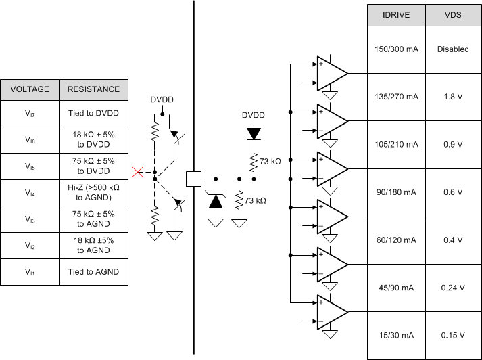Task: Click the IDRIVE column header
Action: click(x=395, y=14)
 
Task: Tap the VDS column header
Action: click(x=453, y=14)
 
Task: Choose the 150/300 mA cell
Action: click(x=395, y=49)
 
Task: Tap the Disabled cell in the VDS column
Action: click(x=453, y=49)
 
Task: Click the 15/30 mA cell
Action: click(x=395, y=336)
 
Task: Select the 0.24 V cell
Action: click(x=453, y=288)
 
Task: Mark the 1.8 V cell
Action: click(x=453, y=97)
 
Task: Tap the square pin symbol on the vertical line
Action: click(x=194, y=179)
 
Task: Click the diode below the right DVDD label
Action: click(x=254, y=134)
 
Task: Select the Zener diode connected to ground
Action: click(x=216, y=201)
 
